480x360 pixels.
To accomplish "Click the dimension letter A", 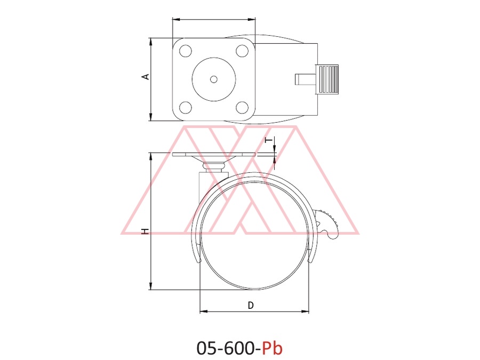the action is [147, 76].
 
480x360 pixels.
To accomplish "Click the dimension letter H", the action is [146, 231].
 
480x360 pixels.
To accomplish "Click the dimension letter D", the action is [251, 305].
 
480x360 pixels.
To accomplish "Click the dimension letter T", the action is [268, 140].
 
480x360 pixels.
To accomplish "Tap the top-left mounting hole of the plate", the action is [186, 51].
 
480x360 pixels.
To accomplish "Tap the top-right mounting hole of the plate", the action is [242, 51].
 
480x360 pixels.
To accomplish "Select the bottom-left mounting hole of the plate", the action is [186, 107].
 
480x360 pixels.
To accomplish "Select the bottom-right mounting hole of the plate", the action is [242, 107].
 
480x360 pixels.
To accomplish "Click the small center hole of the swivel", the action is [214, 79].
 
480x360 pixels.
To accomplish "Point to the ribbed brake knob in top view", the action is [327, 79].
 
